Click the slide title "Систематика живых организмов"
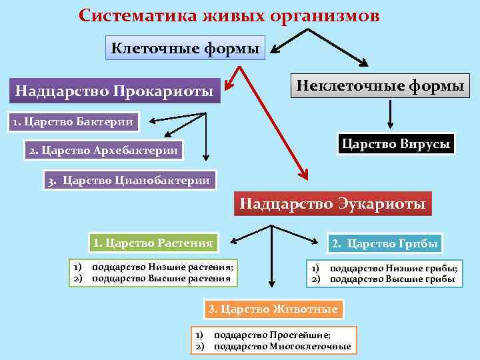coord(229,15)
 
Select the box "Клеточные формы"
coord(186,48)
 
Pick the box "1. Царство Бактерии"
coord(71,121)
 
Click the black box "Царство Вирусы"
coord(395,143)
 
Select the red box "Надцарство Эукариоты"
coord(332,203)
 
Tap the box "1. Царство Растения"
coord(153,243)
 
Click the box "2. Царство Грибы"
coord(385,244)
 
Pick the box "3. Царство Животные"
coord(273,309)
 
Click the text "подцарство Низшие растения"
coord(162,267)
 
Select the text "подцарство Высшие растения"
coord(161,278)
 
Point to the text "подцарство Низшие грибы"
coord(393,269)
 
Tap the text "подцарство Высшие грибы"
coord(392,279)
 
